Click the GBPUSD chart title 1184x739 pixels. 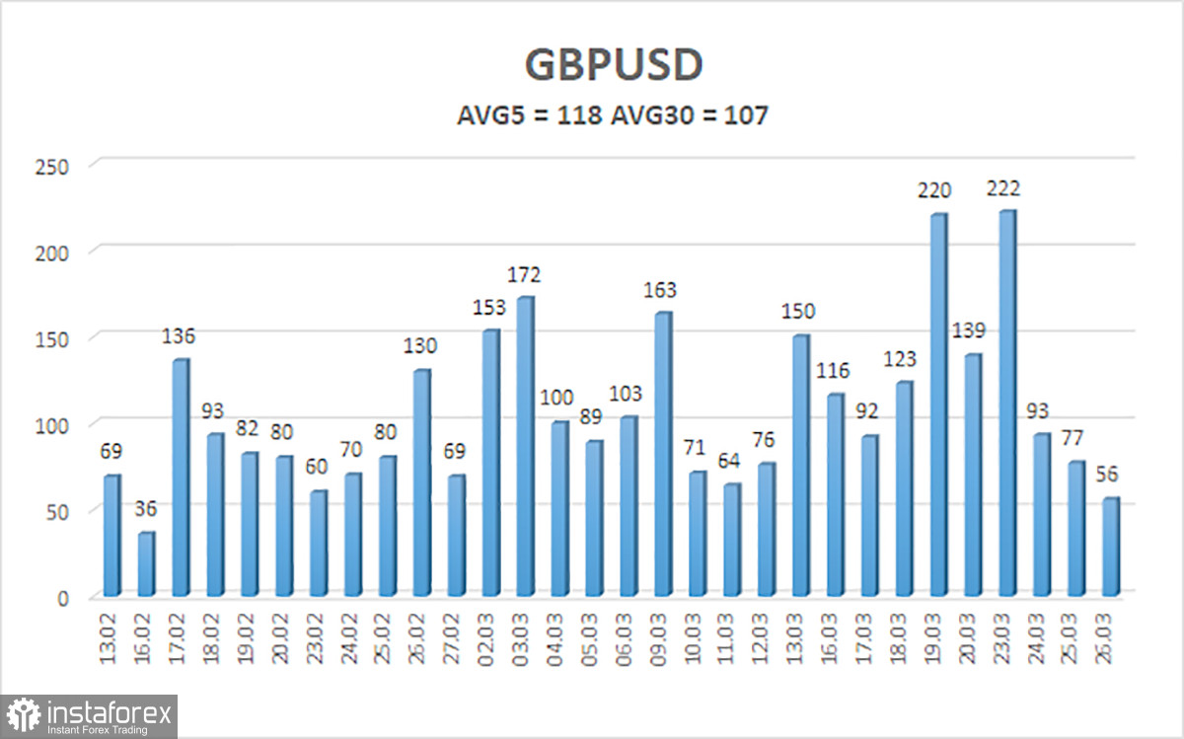coord(614,64)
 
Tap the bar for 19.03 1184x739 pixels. coord(938,405)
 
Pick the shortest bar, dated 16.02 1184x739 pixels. coord(146,563)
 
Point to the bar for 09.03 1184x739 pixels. coord(663,454)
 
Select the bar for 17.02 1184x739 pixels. coord(181,478)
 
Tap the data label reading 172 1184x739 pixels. coord(525,275)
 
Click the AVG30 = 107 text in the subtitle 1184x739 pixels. coord(690,116)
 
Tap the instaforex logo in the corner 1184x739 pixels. coord(90,715)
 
